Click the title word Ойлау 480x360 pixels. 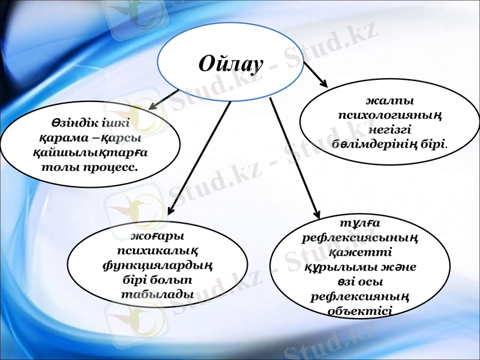coord(231,63)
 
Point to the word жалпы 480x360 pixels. coord(390,101)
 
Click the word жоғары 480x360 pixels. coord(158,236)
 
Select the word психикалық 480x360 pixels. coord(158,250)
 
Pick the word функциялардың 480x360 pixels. coord(158,265)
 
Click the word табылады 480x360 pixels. coord(157,294)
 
